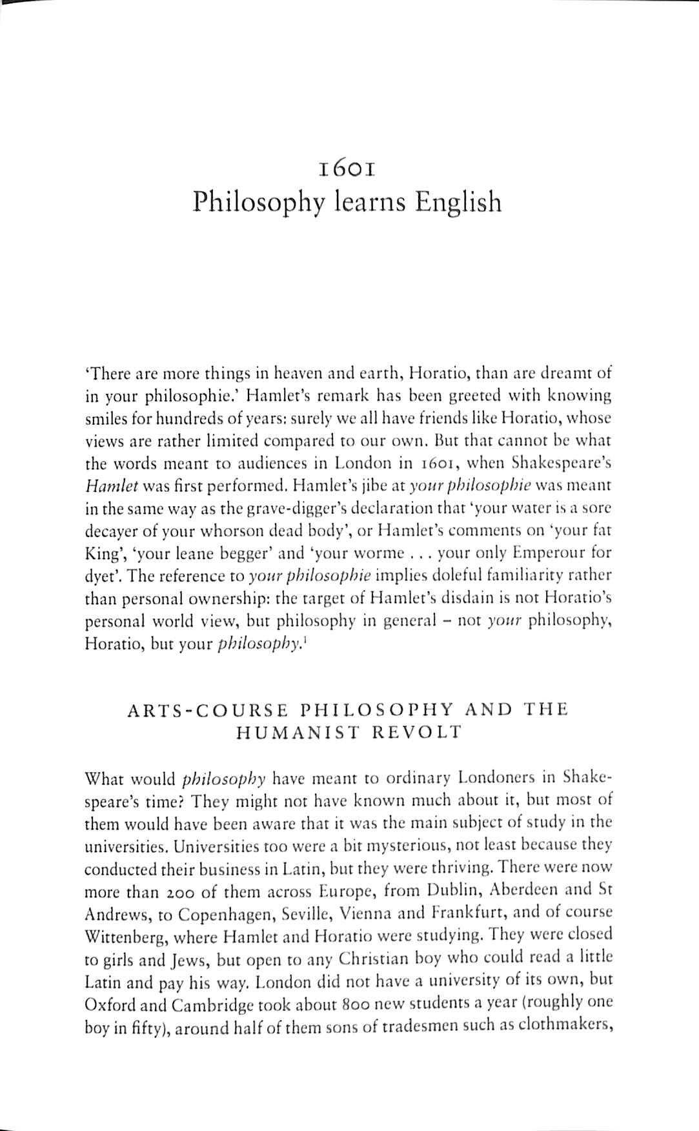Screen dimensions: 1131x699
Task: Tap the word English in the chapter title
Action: tap(458, 202)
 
